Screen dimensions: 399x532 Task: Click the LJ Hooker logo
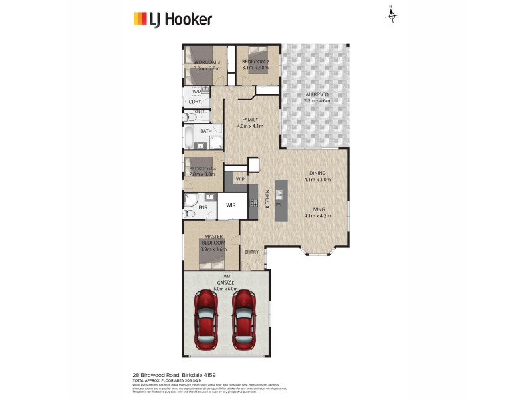tap(172, 19)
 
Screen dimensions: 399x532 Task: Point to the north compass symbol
tap(392, 15)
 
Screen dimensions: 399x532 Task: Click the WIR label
tap(231, 206)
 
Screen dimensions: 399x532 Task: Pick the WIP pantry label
tap(240, 179)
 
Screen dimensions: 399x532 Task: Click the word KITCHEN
tap(268, 198)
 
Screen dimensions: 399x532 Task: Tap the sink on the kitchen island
tap(279, 195)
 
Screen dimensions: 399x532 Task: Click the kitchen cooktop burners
tap(253, 196)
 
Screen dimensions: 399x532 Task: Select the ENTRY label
tap(251, 252)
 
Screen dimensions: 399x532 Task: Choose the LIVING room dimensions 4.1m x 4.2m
tap(317, 215)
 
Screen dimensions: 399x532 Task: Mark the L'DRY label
tap(195, 101)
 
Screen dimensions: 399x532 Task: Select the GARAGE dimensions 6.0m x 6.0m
tap(227, 289)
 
